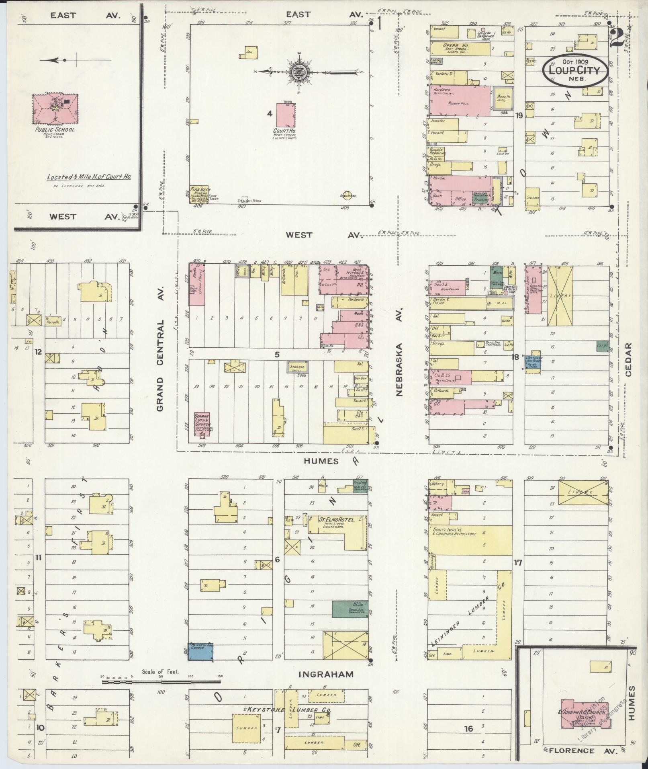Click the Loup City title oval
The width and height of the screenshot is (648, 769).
click(x=573, y=70)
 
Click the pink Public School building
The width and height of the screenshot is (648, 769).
click(x=55, y=109)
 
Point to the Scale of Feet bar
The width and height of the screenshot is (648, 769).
click(x=161, y=682)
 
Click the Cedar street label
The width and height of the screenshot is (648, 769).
click(x=628, y=359)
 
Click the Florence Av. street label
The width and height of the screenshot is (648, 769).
click(x=572, y=751)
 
